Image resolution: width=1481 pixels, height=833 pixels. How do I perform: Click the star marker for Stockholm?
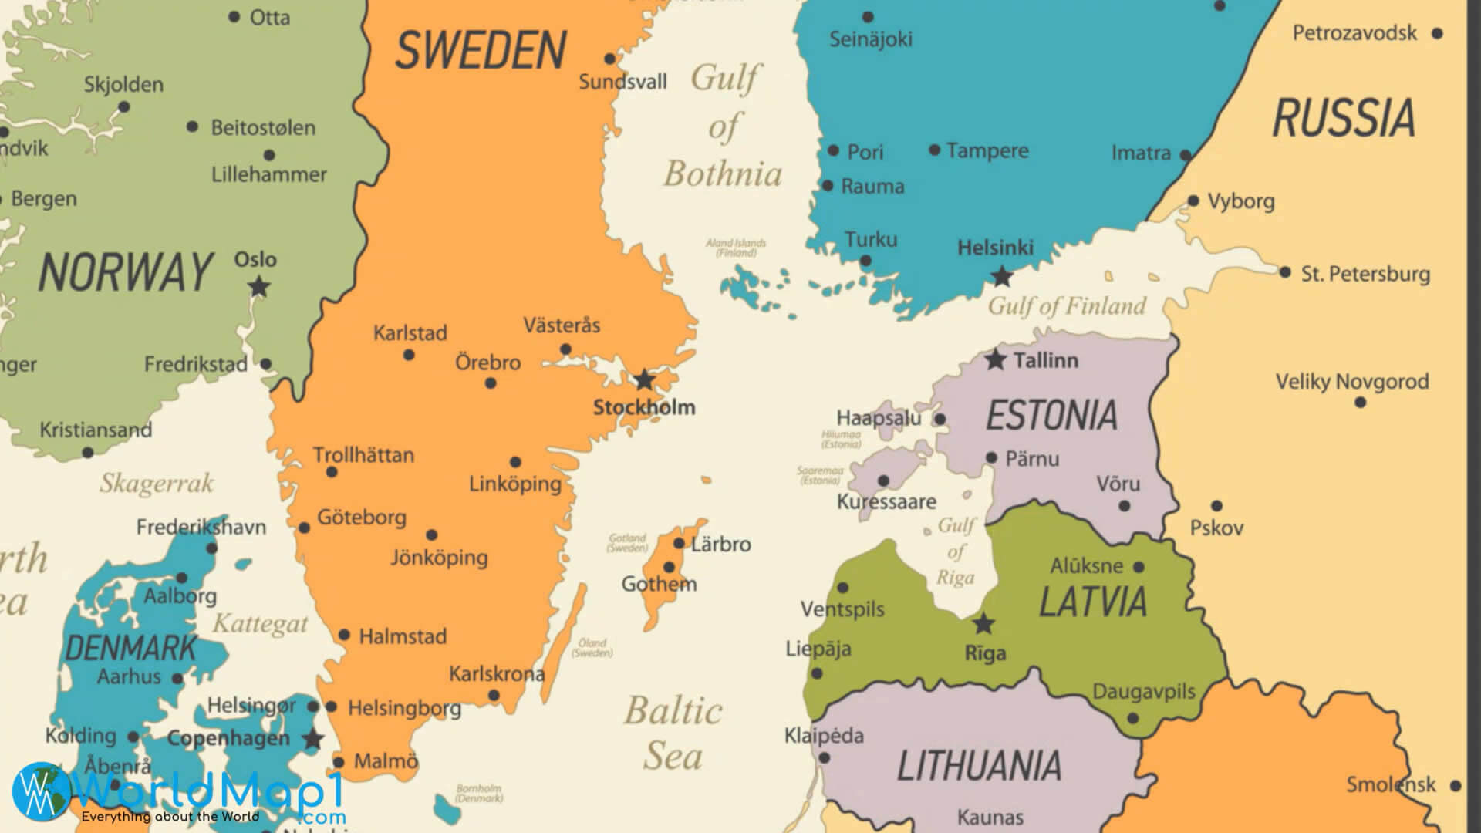point(644,379)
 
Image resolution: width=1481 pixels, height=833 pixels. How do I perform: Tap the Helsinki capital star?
point(1001,276)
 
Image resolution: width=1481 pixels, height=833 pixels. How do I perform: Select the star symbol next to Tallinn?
point(996,359)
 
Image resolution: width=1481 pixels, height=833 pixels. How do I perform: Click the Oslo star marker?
point(259,287)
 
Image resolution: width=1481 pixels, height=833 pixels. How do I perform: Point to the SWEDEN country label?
point(481,50)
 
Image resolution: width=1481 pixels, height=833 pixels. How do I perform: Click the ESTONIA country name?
point(1051,416)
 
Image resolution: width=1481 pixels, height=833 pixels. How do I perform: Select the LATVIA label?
point(1093,602)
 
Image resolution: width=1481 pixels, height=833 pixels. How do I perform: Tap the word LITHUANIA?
point(979,766)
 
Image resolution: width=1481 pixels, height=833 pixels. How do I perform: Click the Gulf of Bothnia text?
point(724,126)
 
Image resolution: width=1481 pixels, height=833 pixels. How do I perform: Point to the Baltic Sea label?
point(673,733)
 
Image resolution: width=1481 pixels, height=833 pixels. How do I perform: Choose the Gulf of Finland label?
point(1067,306)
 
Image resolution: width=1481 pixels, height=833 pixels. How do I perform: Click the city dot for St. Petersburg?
point(1284,272)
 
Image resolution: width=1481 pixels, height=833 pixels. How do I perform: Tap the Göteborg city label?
point(362,517)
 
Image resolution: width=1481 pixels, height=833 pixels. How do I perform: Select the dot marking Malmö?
point(338,762)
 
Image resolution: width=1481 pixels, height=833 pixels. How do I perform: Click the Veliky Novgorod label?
point(1352,381)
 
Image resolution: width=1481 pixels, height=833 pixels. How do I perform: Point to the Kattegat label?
point(260,623)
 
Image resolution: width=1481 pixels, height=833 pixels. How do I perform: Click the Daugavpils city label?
point(1143,691)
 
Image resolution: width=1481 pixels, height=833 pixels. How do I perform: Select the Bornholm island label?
point(478,793)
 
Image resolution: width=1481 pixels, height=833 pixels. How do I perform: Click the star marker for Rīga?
point(983,623)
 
